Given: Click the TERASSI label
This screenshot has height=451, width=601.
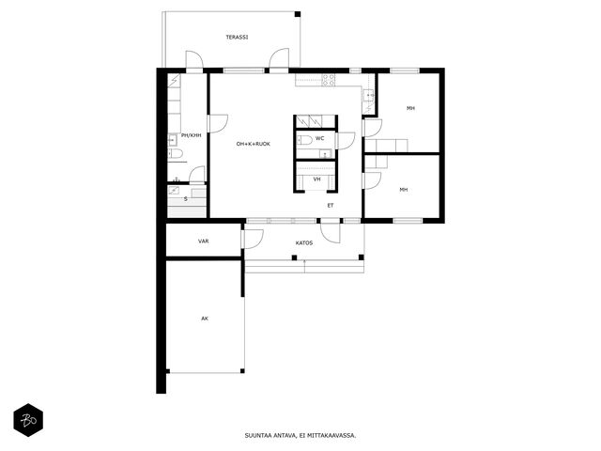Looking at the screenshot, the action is pos(237,38).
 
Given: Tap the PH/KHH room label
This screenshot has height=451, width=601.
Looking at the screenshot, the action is pos(191,135).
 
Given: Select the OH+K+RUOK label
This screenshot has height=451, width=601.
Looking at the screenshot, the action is pos(254,144).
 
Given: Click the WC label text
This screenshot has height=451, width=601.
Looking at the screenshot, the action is pos(319,138).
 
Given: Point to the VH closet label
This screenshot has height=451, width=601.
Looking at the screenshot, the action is pos(317,179).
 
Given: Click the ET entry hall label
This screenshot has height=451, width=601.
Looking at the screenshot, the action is pos(331,206).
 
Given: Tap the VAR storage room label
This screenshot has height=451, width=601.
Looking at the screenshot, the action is pos(204,241).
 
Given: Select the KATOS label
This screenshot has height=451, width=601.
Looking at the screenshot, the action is pos(304,242).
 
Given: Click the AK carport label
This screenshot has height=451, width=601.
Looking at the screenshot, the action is pos(205,319).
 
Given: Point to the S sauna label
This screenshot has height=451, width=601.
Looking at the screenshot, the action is pos(186,198).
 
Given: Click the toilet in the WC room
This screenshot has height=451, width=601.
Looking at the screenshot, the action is pos(304,140).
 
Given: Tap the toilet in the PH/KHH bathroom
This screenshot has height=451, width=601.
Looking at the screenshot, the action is pos(176,154).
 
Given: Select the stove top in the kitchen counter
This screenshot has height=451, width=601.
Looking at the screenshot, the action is pos(328,80).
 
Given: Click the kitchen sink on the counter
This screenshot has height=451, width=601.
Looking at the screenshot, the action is pos(369,94).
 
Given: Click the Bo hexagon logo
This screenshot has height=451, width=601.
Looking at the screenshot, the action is pos(28,420).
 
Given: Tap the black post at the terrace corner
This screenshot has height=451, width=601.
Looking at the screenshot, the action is pos(298,14).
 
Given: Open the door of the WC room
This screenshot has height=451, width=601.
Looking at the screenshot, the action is pos(345,141).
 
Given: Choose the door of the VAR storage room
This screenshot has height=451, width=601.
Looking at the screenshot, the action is pos(253,239).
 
